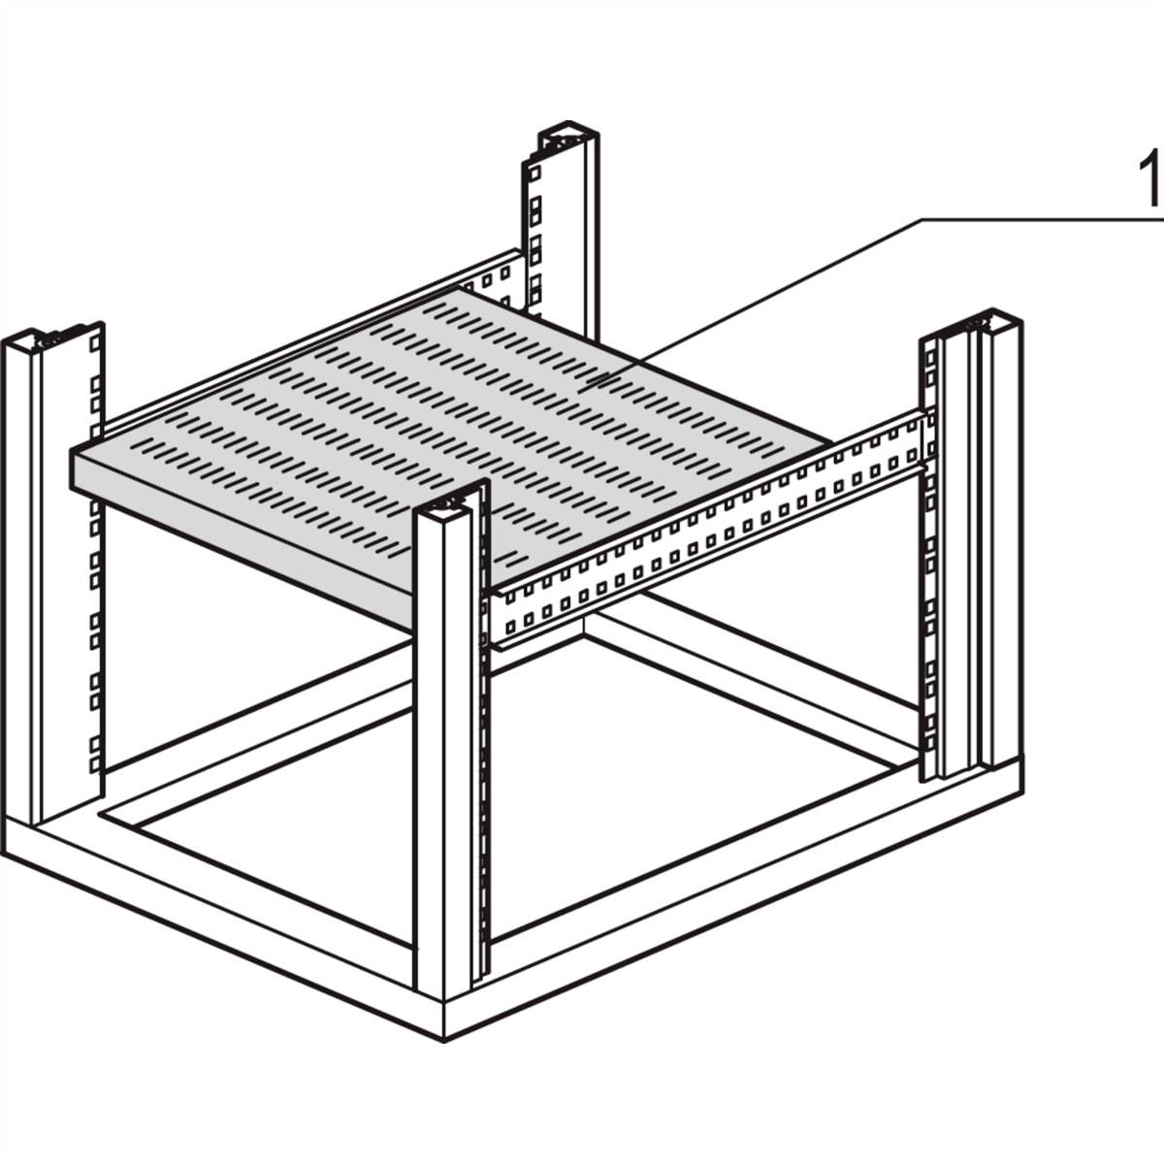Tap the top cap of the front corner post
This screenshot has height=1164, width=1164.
pyautogui.click(x=448, y=504)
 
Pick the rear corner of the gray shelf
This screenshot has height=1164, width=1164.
pyautogui.click(x=464, y=291)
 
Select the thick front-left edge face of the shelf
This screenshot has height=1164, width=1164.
pyautogui.click(x=242, y=533)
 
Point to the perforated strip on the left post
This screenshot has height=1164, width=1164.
pyautogui.click(x=95, y=543)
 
